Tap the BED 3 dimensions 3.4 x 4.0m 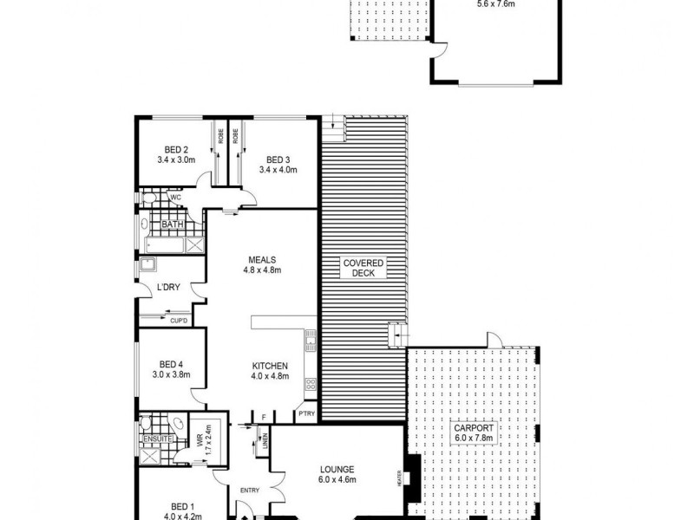(278, 170)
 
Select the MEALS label (261, 258)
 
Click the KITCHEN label (270, 367)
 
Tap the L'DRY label (168, 289)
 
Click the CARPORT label (474, 428)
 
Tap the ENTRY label (250, 491)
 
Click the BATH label (173, 226)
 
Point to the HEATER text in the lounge (400, 478)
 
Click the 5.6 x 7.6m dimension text (495, 4)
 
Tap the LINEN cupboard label (265, 443)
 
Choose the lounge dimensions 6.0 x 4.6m (337, 479)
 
